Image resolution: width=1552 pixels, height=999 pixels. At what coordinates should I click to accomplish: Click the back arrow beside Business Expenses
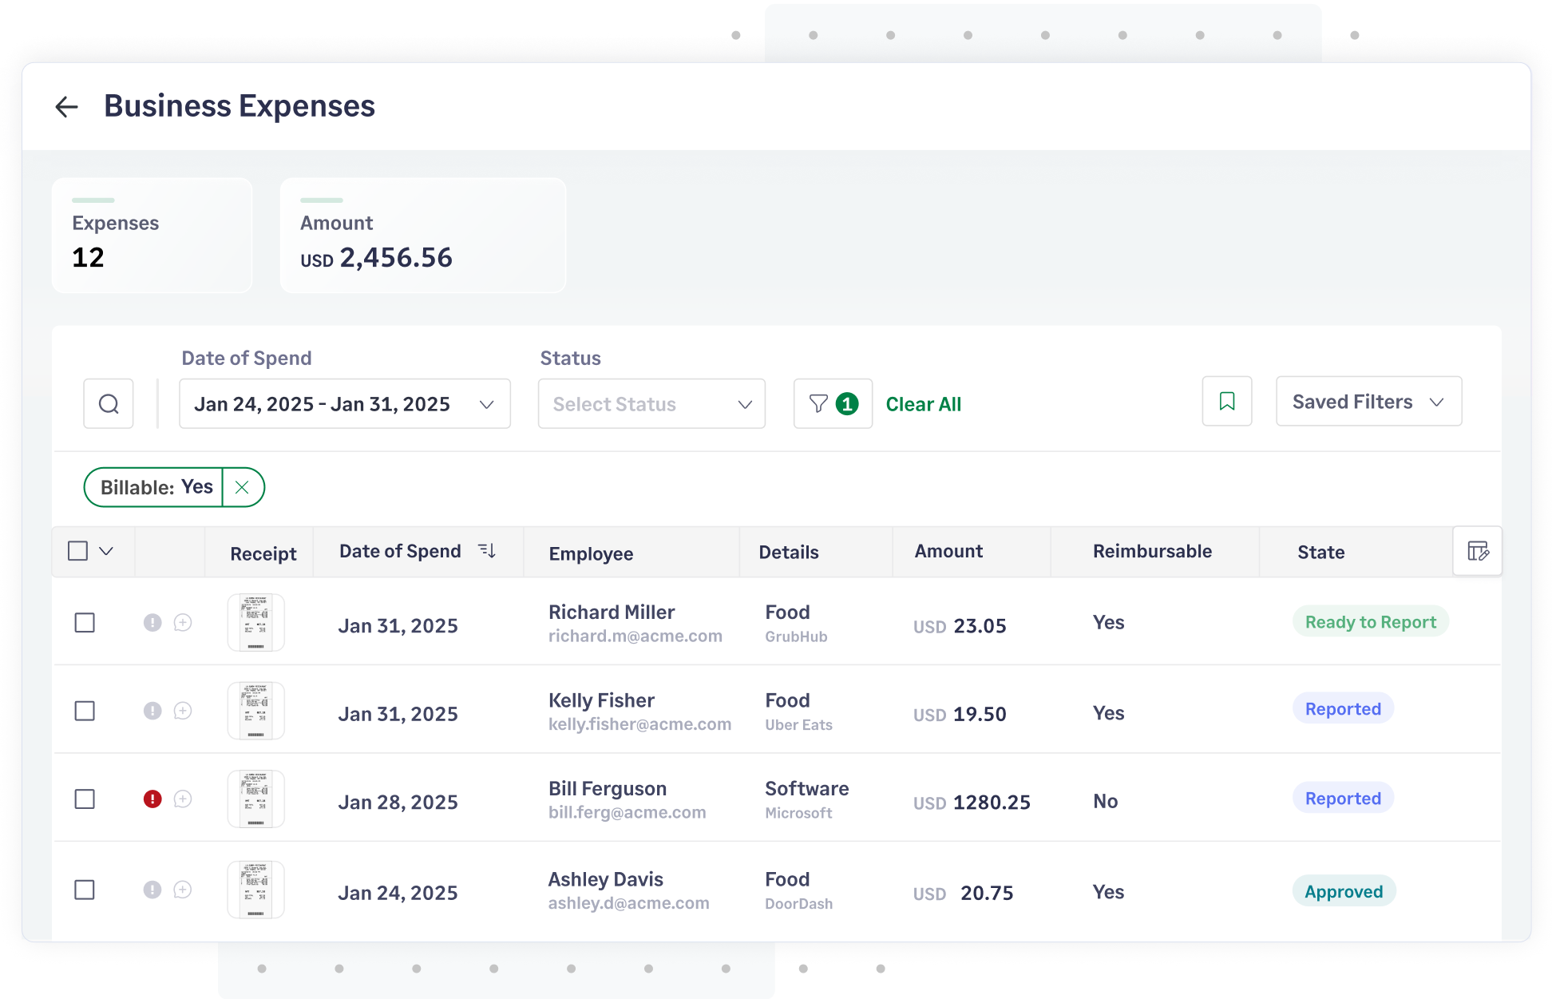pos(67,107)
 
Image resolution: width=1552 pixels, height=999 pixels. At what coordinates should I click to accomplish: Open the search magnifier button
pos(109,404)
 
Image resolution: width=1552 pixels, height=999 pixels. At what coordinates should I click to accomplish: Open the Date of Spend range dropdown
pos(345,404)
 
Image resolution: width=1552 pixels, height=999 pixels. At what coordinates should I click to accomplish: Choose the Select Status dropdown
pos(651,404)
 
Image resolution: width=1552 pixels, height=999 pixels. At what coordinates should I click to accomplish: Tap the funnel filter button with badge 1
pos(832,404)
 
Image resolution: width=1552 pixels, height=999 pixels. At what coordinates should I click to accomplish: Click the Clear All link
pos(924,405)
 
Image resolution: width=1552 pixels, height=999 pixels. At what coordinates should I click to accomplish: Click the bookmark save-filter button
pos(1227,402)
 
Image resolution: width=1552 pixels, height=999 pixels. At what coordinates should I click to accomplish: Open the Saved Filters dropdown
pos(1368,402)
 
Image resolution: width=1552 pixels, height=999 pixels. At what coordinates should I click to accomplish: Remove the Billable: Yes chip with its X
pos(242,487)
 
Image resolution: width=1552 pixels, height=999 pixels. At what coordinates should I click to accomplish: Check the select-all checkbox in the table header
pos(78,551)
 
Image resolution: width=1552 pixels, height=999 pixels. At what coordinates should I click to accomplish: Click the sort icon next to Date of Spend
pos(487,551)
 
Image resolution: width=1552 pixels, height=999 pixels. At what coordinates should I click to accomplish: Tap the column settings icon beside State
pos(1478,551)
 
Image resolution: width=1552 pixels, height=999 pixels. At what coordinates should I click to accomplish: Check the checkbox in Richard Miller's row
pos(85,623)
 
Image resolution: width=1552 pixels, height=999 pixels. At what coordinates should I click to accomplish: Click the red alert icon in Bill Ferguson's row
pos(152,799)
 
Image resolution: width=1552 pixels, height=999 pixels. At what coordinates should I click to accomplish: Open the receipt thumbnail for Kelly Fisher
pos(256,711)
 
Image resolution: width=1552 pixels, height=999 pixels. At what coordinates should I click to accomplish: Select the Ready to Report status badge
pos(1370,622)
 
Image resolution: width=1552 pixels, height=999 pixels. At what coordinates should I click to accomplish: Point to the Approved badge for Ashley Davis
pos(1344,892)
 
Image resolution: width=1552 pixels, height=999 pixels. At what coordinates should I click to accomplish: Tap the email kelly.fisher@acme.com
pos(639,724)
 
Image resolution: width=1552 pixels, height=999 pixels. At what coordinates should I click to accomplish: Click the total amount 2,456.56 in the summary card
pos(396,258)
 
